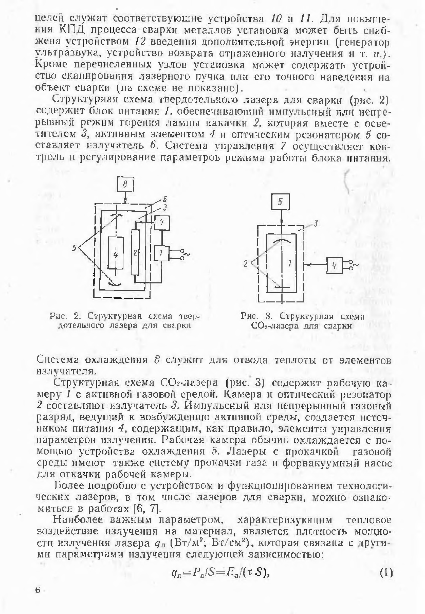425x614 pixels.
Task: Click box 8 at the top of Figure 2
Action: [x=125, y=184]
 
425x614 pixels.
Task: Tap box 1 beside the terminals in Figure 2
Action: [x=162, y=253]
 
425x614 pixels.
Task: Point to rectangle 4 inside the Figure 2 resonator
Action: [x=116, y=253]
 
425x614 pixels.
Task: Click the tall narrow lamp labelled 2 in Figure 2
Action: [x=135, y=252]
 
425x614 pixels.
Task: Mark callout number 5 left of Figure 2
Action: [x=75, y=248]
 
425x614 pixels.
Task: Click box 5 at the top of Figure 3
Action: [x=280, y=202]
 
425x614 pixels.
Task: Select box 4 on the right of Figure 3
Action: [x=335, y=265]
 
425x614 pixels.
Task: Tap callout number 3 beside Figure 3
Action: [x=316, y=224]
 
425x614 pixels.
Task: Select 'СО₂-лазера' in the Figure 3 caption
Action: [x=274, y=326]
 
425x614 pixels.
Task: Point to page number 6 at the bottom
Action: [x=38, y=590]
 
